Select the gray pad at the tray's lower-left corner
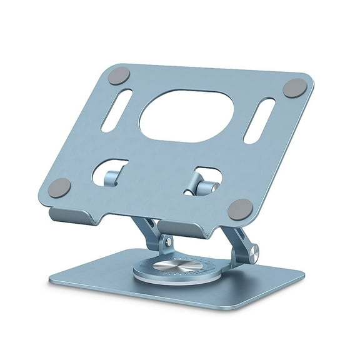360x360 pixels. (x=61, y=187)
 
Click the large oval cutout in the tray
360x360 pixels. (x=187, y=113)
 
